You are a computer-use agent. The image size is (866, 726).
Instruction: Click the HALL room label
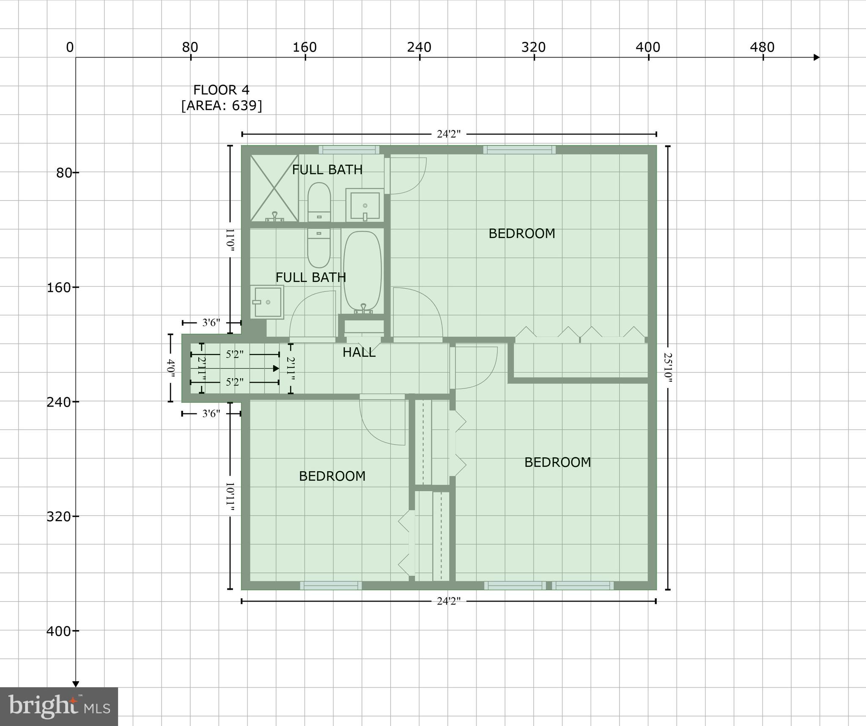[359, 352]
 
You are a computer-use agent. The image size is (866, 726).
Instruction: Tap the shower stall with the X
[274, 188]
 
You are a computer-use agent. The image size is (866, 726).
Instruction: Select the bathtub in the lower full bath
[362, 271]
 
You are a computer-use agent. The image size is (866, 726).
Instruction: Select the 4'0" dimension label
[170, 368]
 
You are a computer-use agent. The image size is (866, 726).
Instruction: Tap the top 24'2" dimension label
[448, 134]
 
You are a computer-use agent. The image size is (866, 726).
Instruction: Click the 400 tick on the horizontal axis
[648, 47]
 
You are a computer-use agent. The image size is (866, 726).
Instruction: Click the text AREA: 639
[222, 105]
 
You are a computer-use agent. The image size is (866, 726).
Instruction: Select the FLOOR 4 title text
[221, 90]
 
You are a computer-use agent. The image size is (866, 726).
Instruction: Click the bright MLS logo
[59, 707]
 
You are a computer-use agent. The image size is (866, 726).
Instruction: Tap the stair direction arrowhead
[276, 368]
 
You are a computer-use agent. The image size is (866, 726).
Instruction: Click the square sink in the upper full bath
[364, 206]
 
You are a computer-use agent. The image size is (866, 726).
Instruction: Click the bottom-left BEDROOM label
[332, 476]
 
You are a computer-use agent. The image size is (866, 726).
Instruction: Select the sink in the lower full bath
[266, 302]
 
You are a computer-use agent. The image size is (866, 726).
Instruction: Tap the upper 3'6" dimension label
[211, 323]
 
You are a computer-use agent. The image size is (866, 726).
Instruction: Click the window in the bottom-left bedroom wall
[331, 586]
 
